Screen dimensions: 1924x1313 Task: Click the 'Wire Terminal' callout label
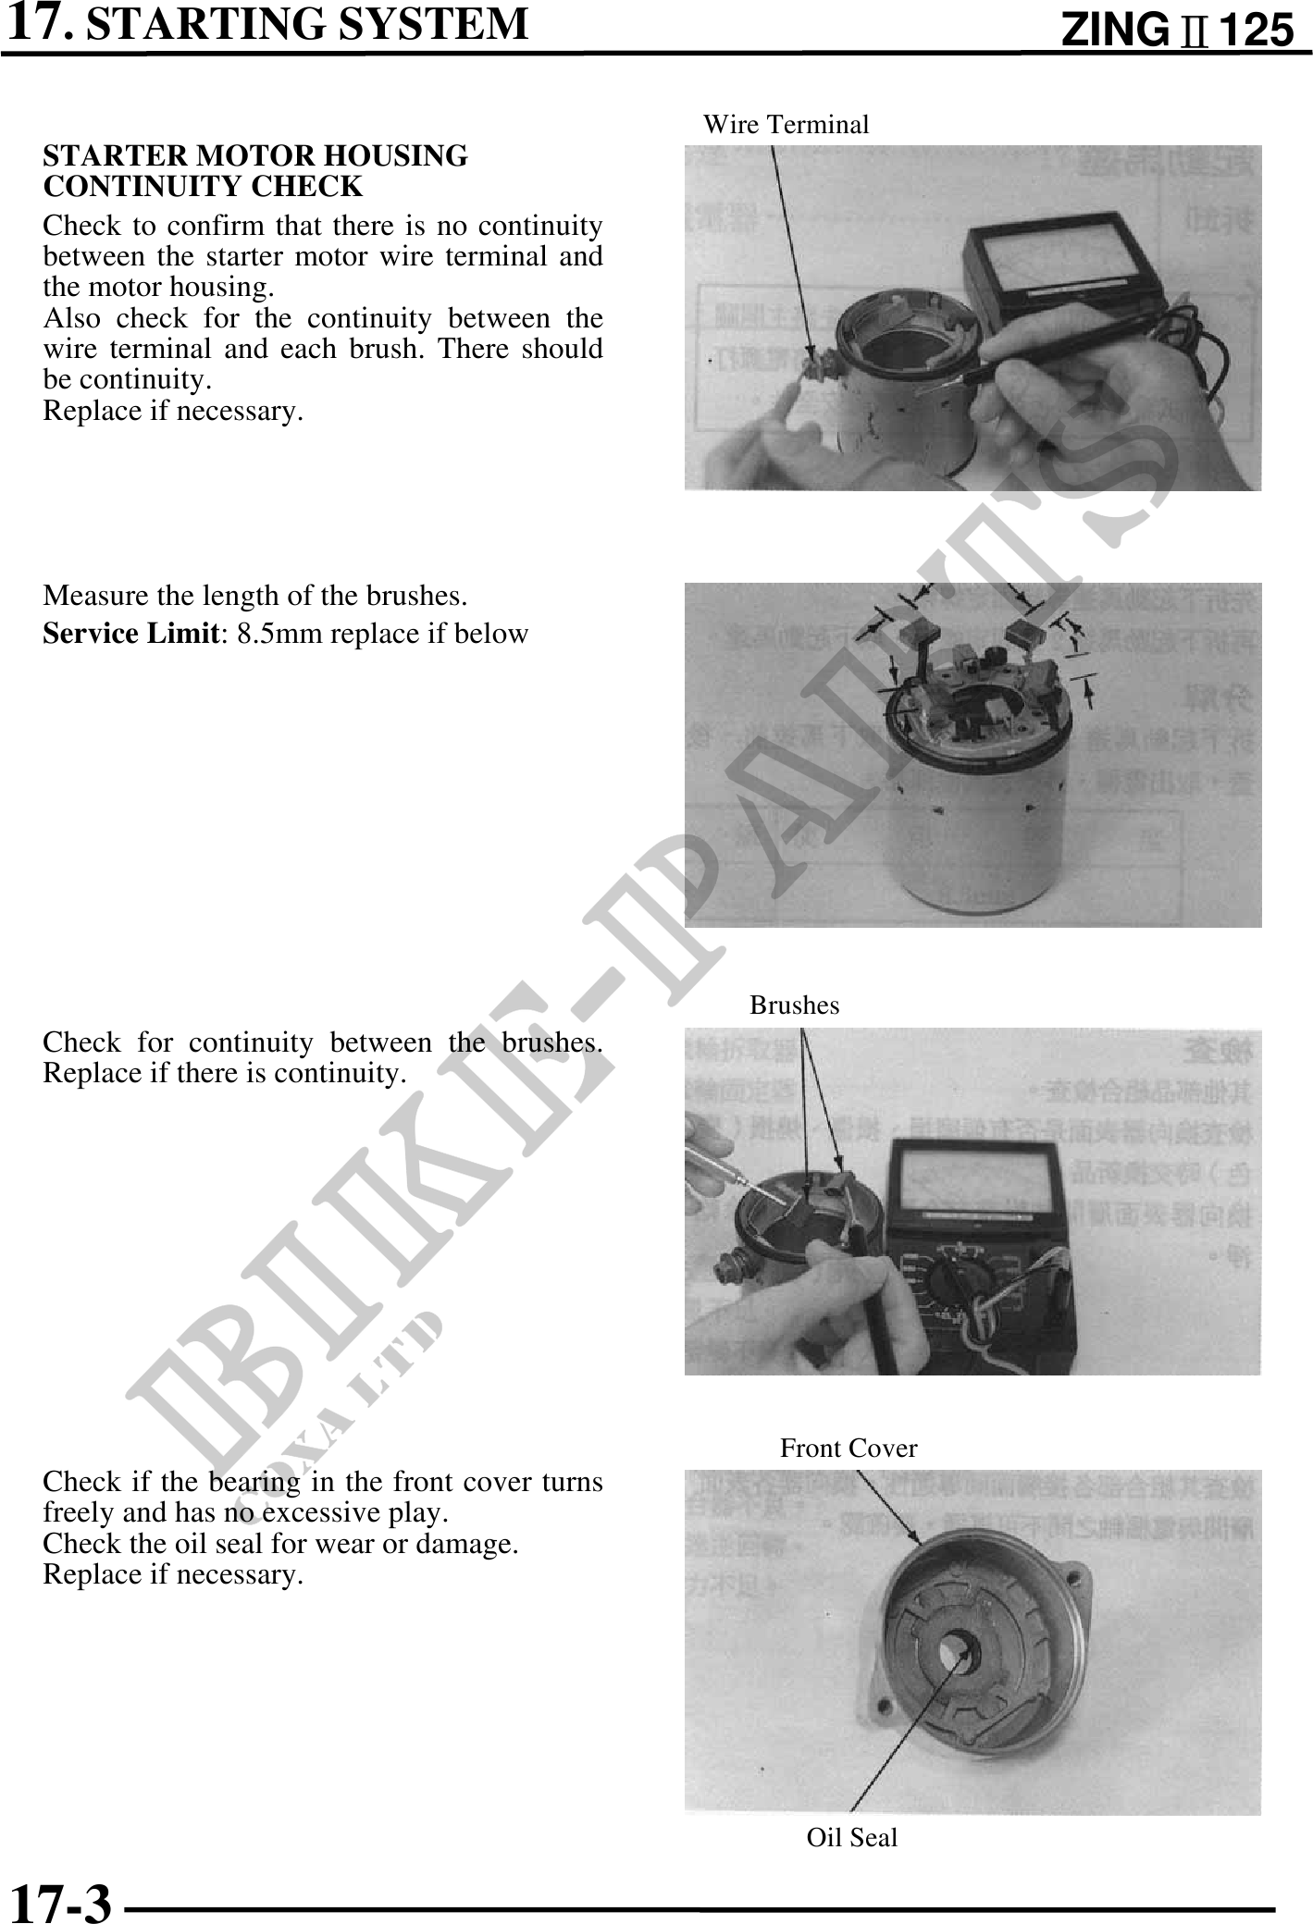pos(786,125)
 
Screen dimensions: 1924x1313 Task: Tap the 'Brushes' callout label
pos(794,1005)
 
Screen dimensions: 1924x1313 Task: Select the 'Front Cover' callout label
pos(848,1449)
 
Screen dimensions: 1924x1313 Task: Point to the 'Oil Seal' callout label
pos(851,1837)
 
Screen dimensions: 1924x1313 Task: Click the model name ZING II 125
pos(1176,31)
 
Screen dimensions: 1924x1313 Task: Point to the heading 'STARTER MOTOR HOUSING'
pos(255,156)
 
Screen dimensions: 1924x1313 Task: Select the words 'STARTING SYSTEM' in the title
pos(307,24)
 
